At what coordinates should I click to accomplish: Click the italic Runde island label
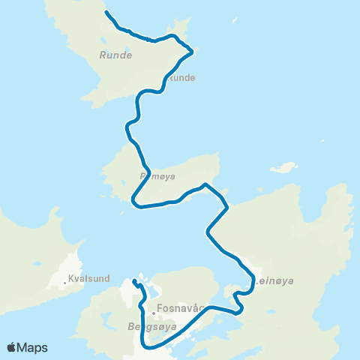click(115, 55)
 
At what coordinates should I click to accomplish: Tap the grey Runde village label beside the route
click(182, 77)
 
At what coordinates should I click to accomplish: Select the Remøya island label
click(157, 177)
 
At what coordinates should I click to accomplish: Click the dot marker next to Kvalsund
click(67, 283)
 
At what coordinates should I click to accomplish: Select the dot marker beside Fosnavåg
click(153, 312)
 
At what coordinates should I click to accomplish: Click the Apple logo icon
click(12, 347)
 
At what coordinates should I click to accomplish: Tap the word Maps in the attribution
click(32, 347)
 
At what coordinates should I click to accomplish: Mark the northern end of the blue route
click(106, 13)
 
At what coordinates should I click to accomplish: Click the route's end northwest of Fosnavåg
click(133, 281)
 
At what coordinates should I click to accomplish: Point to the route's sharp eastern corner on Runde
click(193, 51)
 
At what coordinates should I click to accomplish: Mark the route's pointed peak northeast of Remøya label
click(205, 184)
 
